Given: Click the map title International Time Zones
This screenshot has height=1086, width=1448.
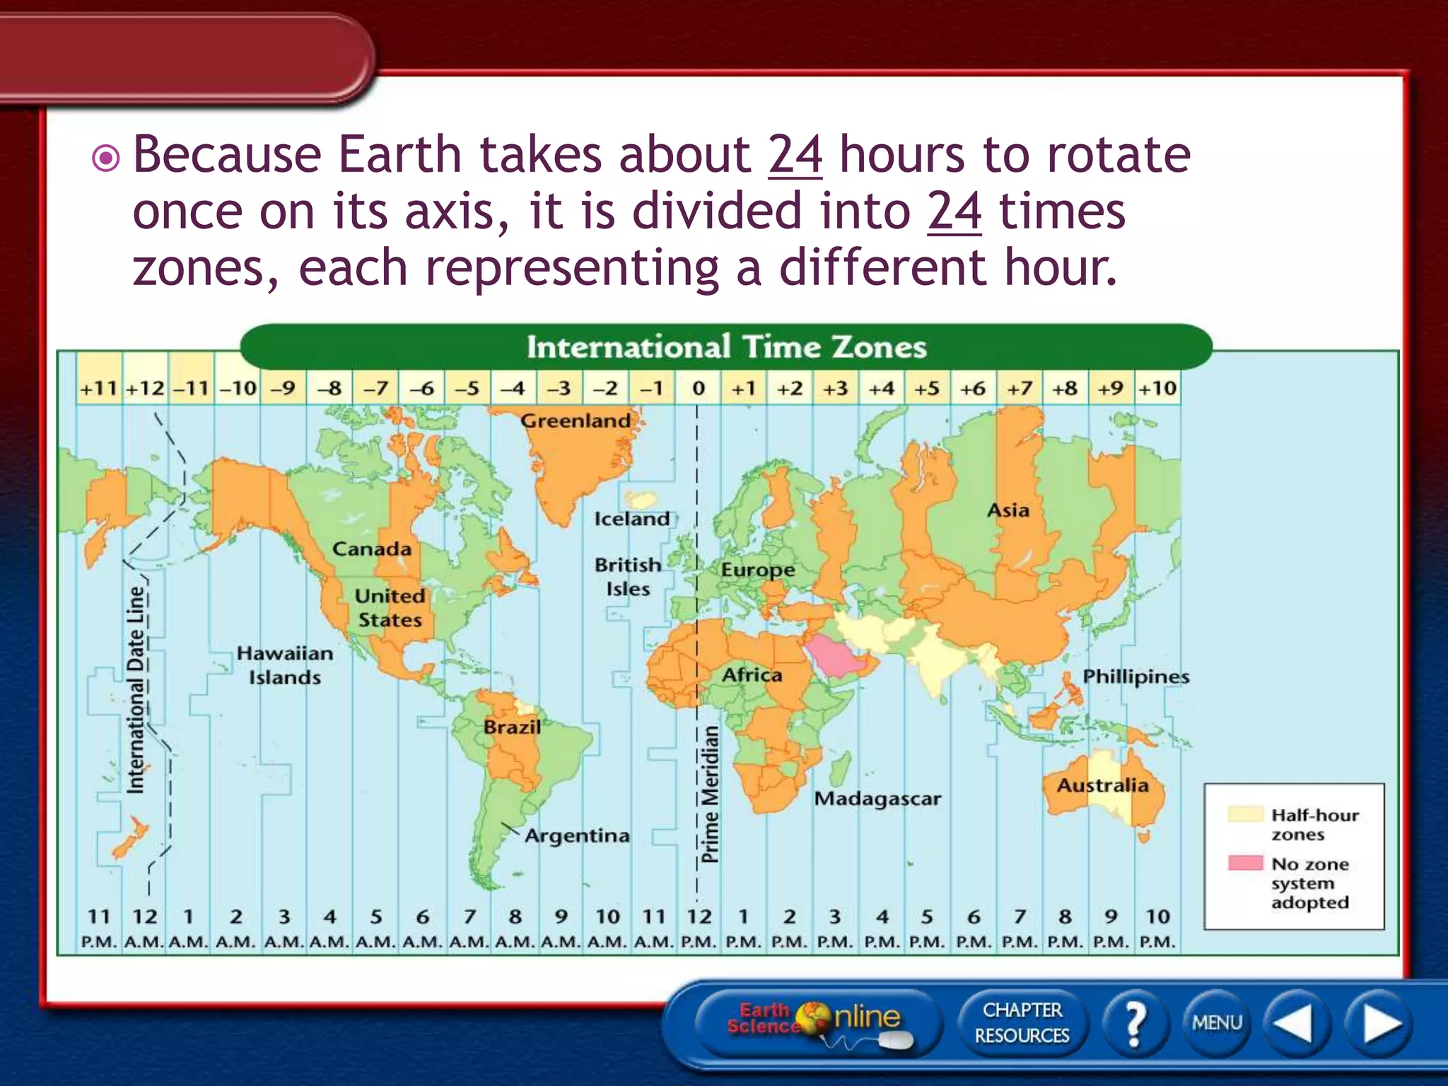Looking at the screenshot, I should click(726, 347).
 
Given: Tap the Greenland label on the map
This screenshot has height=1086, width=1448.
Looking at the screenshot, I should click(576, 421).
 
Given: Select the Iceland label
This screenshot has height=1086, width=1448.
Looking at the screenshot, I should click(631, 519).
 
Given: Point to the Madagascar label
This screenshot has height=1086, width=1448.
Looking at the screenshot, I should click(877, 799).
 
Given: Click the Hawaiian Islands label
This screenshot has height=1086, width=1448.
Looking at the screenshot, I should click(284, 665).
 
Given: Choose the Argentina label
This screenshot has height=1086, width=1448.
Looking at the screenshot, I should click(577, 836).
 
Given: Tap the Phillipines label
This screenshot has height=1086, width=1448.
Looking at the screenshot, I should click(1135, 677).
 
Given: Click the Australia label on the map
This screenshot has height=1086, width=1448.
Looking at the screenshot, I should click(1102, 786).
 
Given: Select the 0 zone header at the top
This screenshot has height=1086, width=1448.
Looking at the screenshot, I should click(699, 388).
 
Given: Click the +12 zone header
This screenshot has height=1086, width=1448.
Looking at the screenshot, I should click(145, 388).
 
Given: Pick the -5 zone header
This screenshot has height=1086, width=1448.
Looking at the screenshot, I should click(467, 388).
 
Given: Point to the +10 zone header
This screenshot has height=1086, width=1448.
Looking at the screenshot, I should click(1157, 388).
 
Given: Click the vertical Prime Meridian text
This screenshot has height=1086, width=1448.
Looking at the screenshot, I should click(710, 794).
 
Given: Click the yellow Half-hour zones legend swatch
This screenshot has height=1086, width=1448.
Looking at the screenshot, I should click(1244, 813).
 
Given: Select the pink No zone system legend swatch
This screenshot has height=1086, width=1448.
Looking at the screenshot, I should click(1244, 863).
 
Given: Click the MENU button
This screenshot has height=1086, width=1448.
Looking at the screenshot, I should click(1217, 1022).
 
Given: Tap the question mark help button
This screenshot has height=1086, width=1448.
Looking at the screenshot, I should click(1134, 1022).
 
